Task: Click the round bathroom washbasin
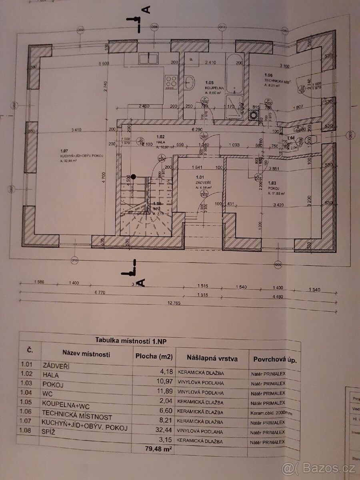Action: (x=191, y=83)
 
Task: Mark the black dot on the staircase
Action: (x=134, y=176)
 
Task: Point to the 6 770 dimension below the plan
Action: (x=100, y=293)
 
